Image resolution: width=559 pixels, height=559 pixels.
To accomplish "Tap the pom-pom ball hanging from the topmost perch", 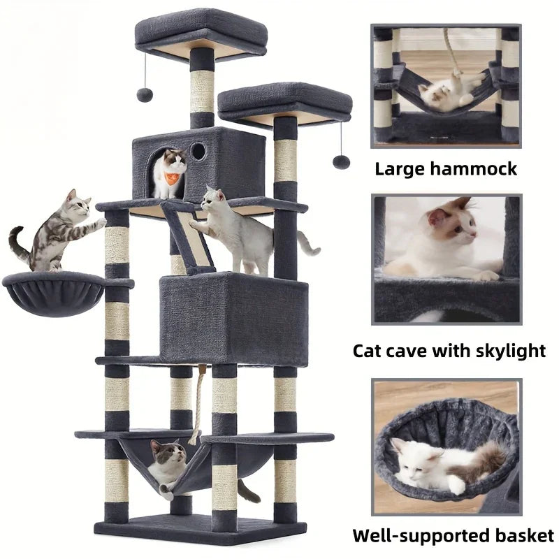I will pos(145,94).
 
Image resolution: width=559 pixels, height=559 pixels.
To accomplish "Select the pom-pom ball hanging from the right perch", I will pos(341,161).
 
